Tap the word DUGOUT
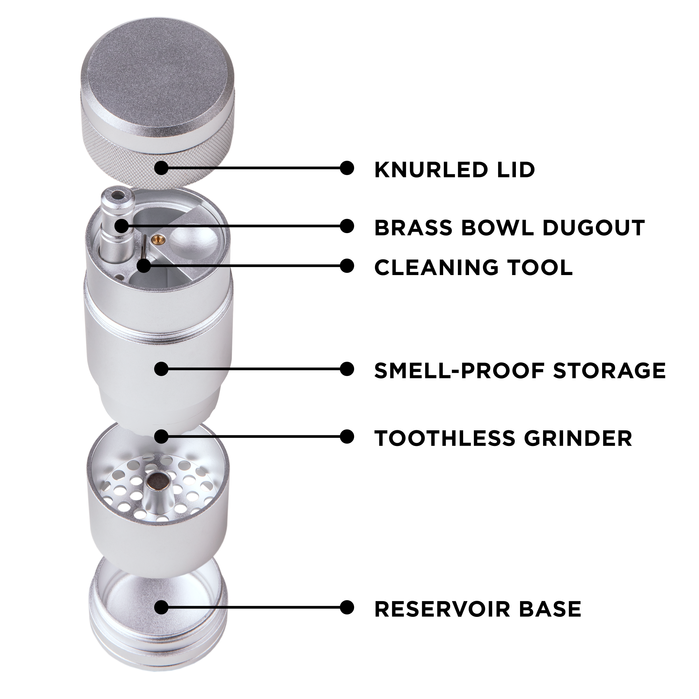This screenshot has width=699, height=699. (x=593, y=228)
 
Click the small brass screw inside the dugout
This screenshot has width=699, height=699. (x=158, y=237)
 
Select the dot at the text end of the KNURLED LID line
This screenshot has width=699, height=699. (x=347, y=168)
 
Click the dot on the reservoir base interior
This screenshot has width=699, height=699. (x=161, y=607)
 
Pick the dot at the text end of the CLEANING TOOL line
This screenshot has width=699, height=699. (x=347, y=266)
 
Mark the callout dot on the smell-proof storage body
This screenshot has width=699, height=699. (x=161, y=369)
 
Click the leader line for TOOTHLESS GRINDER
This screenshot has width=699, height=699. (x=253, y=437)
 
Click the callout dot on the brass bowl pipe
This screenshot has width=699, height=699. (x=122, y=226)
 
